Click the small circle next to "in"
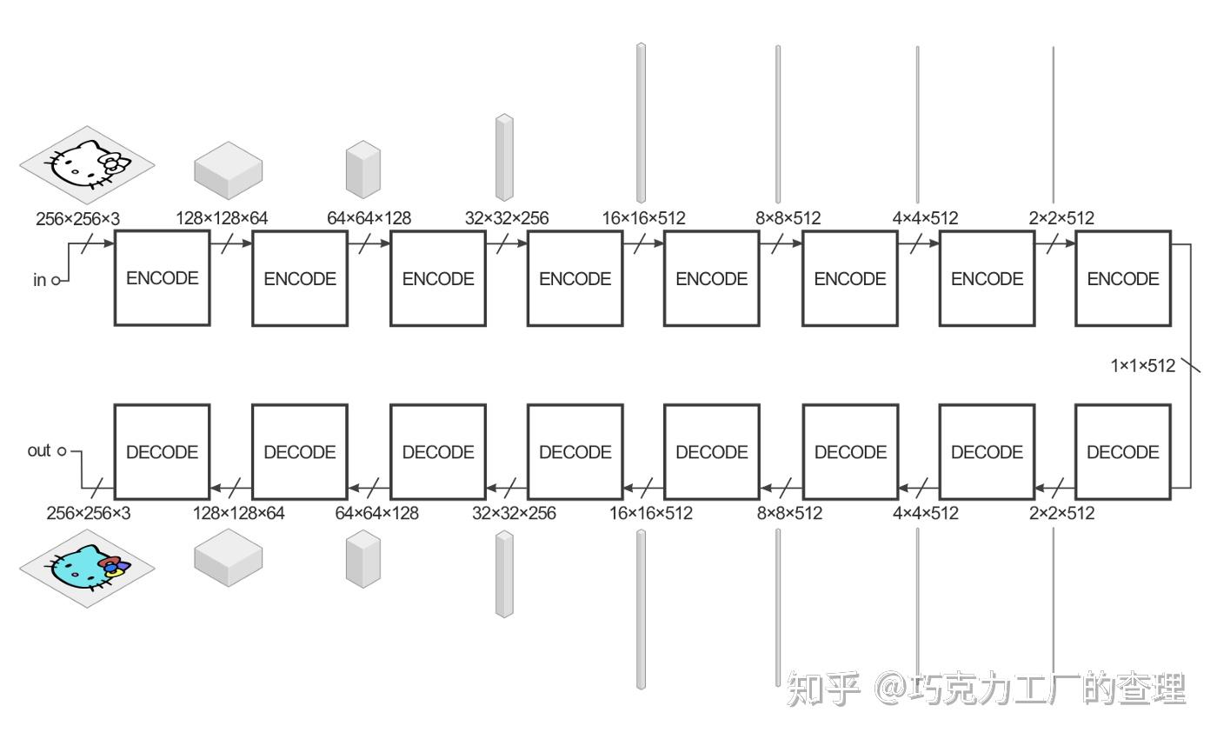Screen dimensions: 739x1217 click(x=56, y=280)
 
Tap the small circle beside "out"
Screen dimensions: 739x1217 click(x=61, y=451)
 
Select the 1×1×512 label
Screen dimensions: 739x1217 click(x=1142, y=365)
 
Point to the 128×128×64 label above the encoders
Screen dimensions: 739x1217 click(x=222, y=217)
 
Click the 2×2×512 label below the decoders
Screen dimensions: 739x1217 click(x=1061, y=513)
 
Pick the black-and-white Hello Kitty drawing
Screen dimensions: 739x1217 click(x=87, y=162)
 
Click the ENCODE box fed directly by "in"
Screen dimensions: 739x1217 click(x=163, y=278)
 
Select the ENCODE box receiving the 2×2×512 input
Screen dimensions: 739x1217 click(x=1123, y=278)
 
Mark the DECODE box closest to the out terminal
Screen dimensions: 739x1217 click(x=163, y=451)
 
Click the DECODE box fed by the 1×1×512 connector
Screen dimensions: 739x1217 click(x=1123, y=451)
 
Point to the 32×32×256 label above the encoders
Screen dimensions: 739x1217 click(x=507, y=217)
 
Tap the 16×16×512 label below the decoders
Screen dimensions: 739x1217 click(x=651, y=513)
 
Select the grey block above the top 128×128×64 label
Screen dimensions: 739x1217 click(x=228, y=169)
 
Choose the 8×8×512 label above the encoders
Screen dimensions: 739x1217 click(x=788, y=217)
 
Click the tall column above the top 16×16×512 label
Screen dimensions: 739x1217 click(x=641, y=122)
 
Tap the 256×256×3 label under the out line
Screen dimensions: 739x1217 click(x=88, y=513)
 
